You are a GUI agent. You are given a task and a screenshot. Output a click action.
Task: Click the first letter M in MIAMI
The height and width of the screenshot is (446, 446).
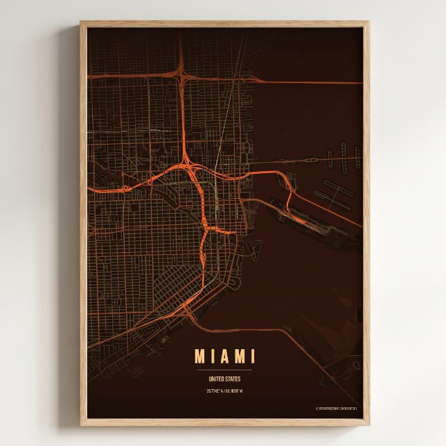(x=199, y=357)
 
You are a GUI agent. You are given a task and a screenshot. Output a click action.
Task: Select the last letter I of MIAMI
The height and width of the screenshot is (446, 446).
(x=252, y=357)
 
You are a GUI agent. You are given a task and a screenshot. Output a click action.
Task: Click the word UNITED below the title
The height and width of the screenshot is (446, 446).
(x=217, y=379)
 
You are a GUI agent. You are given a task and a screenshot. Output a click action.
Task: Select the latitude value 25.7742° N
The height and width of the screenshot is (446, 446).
(x=215, y=391)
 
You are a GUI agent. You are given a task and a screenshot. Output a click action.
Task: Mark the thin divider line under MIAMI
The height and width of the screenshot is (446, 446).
(x=224, y=370)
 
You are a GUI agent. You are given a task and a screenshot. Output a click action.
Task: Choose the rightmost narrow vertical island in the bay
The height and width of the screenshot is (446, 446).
(x=357, y=157)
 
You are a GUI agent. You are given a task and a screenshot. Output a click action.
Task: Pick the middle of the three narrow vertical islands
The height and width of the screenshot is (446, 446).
(x=342, y=154)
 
